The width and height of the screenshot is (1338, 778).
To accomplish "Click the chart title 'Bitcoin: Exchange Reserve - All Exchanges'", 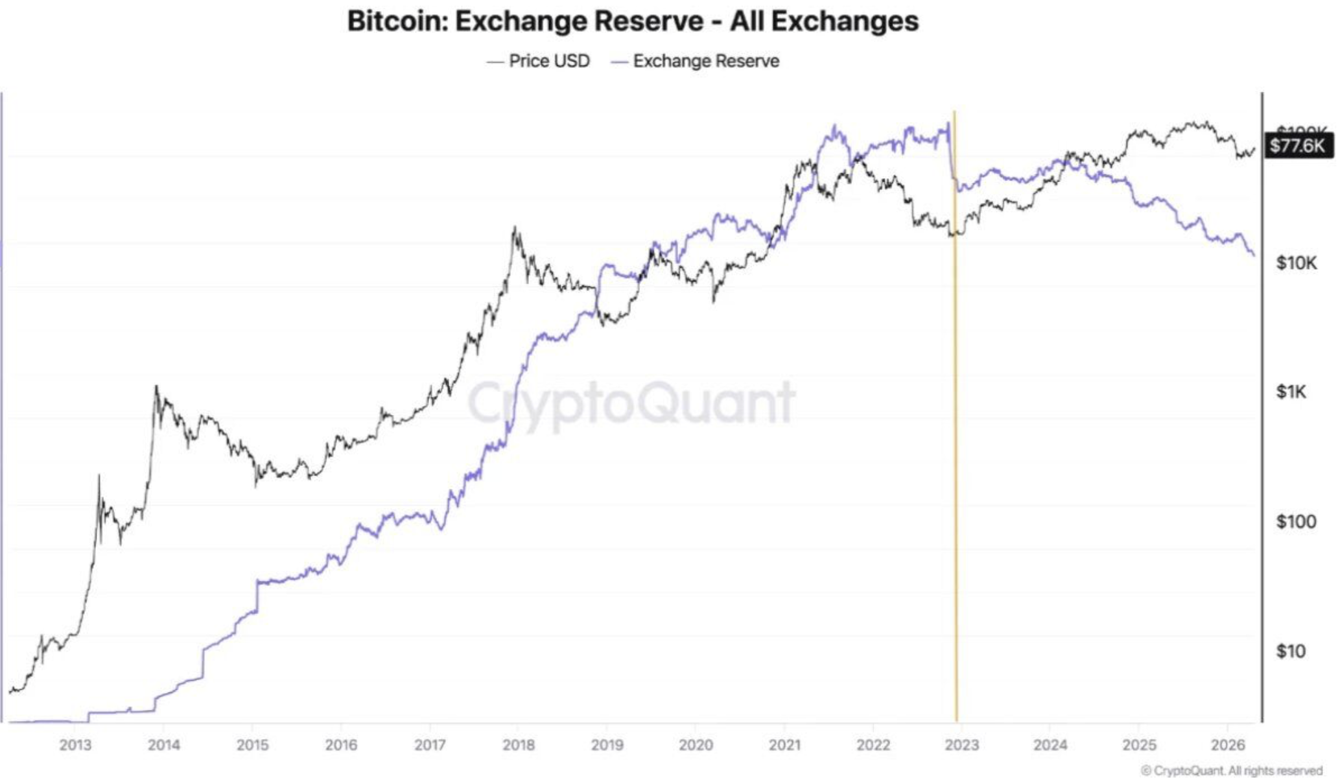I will pyautogui.click(x=633, y=21).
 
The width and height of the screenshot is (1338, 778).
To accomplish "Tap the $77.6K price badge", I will pyautogui.click(x=1297, y=145).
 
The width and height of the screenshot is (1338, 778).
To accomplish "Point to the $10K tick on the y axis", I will pyautogui.click(x=1297, y=263).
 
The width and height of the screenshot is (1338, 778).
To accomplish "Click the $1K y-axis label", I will pyautogui.click(x=1291, y=392).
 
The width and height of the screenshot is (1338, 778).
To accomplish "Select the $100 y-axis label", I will pyautogui.click(x=1295, y=521).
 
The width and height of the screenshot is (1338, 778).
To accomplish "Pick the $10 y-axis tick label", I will pyautogui.click(x=1290, y=651).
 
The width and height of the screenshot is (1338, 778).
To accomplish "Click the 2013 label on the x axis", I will pyautogui.click(x=75, y=745).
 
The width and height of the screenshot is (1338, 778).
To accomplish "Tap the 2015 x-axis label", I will pyautogui.click(x=252, y=745).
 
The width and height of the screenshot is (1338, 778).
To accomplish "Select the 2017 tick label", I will pyautogui.click(x=430, y=745).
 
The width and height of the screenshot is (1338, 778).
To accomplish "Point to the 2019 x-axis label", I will pyautogui.click(x=607, y=745).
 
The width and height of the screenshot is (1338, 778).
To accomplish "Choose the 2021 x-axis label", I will pyautogui.click(x=784, y=745).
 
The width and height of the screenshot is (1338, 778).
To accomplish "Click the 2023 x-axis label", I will pyautogui.click(x=961, y=745).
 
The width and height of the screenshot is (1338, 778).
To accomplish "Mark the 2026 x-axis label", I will pyautogui.click(x=1227, y=745).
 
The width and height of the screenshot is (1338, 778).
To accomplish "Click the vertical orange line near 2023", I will pyautogui.click(x=956, y=454).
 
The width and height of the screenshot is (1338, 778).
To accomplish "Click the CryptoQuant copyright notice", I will pyautogui.click(x=1231, y=770).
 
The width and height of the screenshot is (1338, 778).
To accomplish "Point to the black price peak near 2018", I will pyautogui.click(x=515, y=228).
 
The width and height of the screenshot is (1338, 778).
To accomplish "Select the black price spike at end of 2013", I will pyautogui.click(x=156, y=387).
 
